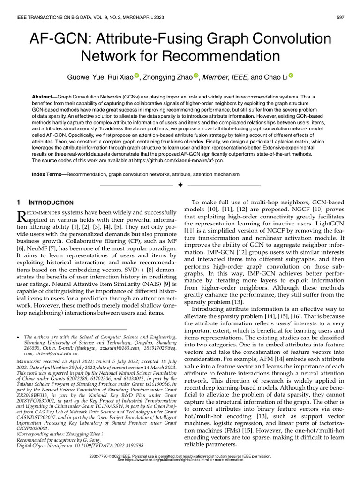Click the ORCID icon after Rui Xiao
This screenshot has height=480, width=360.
click(x=137, y=75)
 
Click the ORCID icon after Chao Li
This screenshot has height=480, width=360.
click(x=291, y=75)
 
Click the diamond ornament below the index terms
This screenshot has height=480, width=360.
click(x=180, y=186)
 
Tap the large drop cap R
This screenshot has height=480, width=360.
click(x=22, y=216)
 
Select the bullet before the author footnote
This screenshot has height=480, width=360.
click(x=18, y=337)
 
